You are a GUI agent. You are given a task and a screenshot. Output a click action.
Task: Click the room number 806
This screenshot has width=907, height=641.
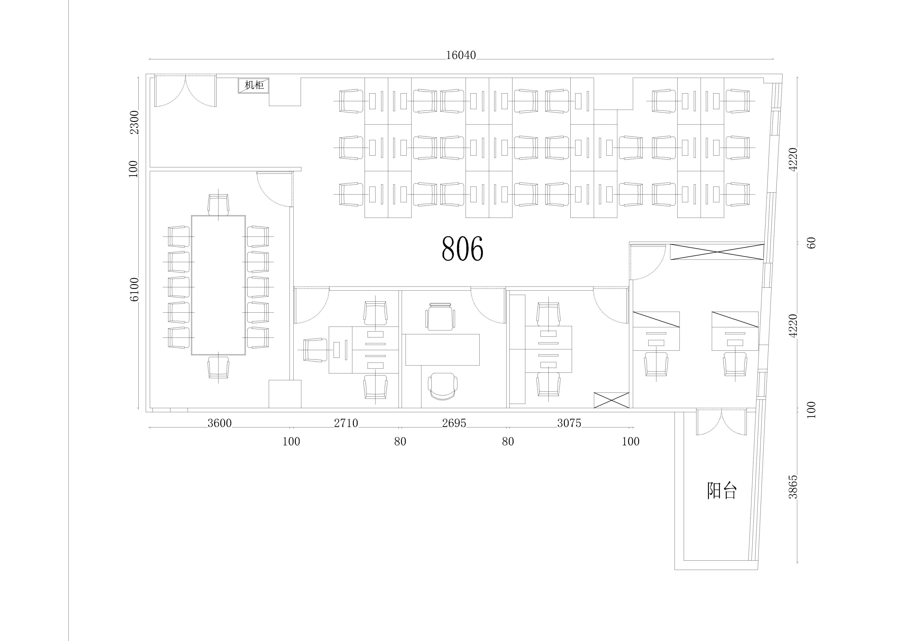[462, 249]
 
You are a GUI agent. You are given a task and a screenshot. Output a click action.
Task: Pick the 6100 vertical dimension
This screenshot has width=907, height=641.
[135, 290]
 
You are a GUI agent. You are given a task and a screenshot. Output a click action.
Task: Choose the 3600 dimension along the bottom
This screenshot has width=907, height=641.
[220, 423]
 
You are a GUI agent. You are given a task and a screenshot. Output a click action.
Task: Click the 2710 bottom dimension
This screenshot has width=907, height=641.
[346, 423]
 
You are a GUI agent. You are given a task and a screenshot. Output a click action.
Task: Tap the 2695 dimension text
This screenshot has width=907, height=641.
[454, 423]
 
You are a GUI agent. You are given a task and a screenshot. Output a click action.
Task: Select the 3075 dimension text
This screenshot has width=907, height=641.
[569, 423]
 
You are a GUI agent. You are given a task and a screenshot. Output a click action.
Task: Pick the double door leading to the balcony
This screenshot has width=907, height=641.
[721, 423]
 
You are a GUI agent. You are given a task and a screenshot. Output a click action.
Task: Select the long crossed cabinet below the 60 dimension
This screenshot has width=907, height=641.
[717, 252]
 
